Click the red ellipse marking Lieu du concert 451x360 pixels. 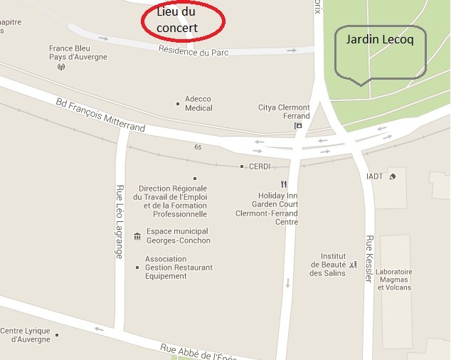point(181,20)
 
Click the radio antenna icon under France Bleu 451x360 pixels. point(60,68)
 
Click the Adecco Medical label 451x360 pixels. point(198,104)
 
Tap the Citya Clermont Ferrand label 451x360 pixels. point(284,112)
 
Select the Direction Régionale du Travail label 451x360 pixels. point(173,201)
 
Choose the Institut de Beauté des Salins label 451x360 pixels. point(333,265)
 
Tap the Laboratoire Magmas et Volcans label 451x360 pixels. point(394,280)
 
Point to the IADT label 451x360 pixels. point(374,176)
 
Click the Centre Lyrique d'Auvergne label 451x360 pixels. point(26,335)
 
